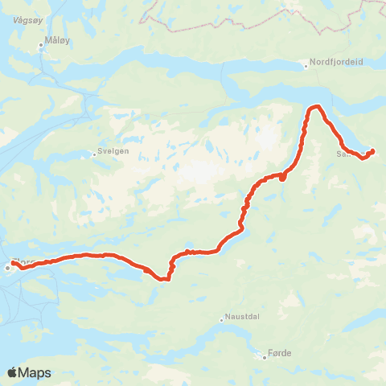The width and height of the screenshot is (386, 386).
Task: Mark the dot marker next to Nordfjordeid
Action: [x=306, y=66]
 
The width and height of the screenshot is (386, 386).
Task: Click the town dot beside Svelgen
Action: [x=94, y=151]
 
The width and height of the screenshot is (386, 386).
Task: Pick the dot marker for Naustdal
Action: [x=222, y=319]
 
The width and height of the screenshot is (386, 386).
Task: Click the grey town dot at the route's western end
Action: [x=7, y=268]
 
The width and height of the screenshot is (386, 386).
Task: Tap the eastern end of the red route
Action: [x=372, y=151]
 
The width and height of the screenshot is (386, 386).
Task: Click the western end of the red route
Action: [x=14, y=263]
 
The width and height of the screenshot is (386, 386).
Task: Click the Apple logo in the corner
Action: [x=13, y=372]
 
